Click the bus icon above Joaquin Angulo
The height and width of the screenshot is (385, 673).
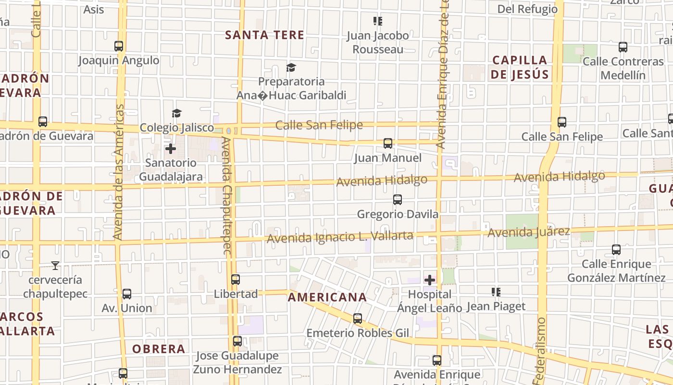(x=119, y=46)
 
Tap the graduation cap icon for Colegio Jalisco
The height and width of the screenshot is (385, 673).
(x=177, y=113)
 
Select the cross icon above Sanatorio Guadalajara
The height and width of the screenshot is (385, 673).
(x=171, y=148)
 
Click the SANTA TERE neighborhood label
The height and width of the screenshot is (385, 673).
(x=264, y=35)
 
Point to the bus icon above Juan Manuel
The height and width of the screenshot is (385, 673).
(x=387, y=143)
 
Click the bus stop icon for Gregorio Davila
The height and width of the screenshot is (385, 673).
(x=397, y=200)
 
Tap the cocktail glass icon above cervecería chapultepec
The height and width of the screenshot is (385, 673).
(x=55, y=265)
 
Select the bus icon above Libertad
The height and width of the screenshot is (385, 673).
(x=236, y=280)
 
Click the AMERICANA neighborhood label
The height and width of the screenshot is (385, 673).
(x=327, y=297)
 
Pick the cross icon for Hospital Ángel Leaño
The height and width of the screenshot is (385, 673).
(x=430, y=280)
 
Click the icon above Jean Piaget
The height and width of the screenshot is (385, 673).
(x=496, y=292)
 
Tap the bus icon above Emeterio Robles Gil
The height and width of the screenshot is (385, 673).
(x=357, y=319)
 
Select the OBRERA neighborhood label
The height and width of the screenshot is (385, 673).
(x=159, y=349)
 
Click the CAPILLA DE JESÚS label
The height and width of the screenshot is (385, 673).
(x=520, y=67)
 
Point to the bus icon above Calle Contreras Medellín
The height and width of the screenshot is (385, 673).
(x=623, y=47)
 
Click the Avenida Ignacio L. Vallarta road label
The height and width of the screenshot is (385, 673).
(x=340, y=237)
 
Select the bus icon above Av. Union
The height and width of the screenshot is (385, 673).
(x=127, y=294)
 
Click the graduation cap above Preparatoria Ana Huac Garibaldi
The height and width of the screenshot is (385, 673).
(x=291, y=67)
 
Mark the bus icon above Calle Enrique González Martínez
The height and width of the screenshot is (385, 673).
(x=616, y=250)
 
